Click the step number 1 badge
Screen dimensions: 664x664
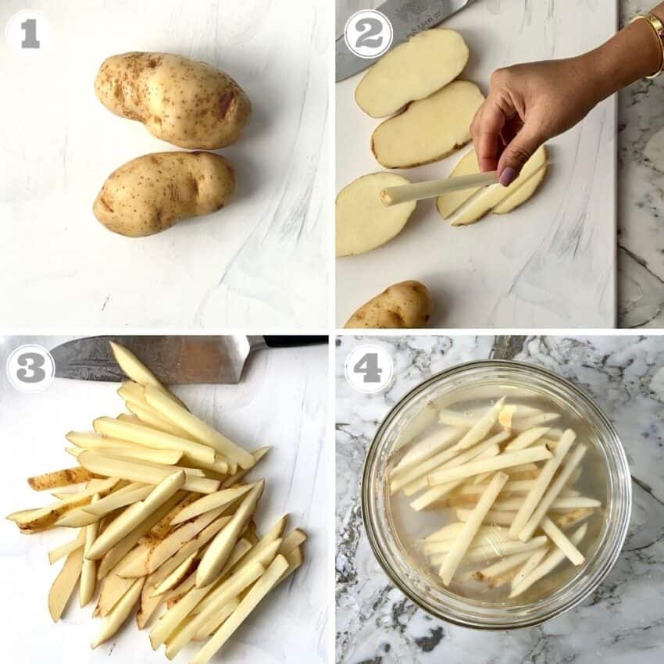tap(29, 33)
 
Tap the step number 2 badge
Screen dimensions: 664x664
tap(369, 34)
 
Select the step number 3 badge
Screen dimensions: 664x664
tap(30, 368)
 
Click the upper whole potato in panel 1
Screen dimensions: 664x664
tap(172, 99)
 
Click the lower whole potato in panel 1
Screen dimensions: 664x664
tap(164, 193)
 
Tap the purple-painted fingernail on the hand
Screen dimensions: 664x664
tap(507, 177)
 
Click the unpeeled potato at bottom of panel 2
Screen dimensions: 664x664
tap(389, 305)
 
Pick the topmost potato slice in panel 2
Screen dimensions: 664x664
tap(411, 72)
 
